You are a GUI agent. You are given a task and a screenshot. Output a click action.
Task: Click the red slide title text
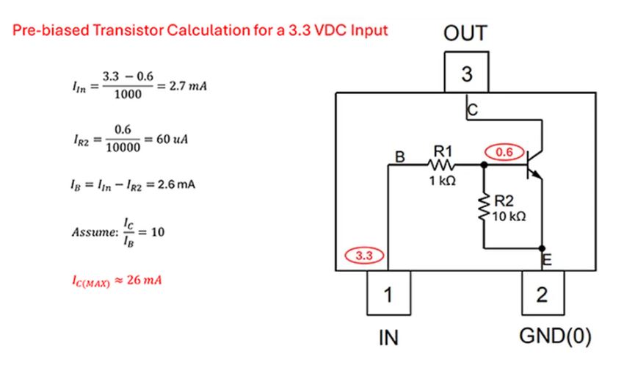(x=199, y=31)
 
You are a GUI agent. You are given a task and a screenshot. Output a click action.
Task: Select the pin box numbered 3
(x=467, y=73)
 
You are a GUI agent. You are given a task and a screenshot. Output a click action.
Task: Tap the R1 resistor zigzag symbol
(x=443, y=166)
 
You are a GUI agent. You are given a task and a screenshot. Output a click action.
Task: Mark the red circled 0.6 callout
(x=504, y=152)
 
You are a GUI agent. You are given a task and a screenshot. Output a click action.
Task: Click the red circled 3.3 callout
(x=365, y=256)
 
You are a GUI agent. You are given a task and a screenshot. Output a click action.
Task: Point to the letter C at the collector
(x=472, y=111)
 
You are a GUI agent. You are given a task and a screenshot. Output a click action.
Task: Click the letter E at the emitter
(x=545, y=258)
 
